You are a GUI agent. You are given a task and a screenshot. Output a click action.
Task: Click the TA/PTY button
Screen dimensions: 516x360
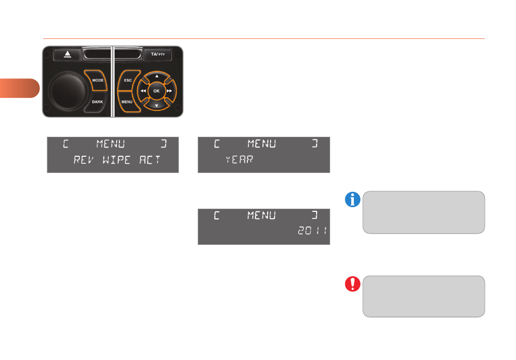tap(158, 54)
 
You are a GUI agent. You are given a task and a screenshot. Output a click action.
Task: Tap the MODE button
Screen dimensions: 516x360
tap(97, 80)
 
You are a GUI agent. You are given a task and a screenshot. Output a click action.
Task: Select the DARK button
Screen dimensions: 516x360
tap(97, 102)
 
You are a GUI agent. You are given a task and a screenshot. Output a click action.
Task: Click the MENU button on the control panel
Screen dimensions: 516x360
tap(127, 102)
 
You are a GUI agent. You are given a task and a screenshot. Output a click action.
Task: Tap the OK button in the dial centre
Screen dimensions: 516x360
tap(157, 91)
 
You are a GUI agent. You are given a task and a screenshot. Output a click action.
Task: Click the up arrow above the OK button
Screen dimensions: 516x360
tap(157, 76)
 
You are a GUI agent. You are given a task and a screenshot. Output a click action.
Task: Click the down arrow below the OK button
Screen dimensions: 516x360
tap(157, 106)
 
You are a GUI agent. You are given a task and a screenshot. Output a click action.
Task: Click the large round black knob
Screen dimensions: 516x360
tap(68, 91)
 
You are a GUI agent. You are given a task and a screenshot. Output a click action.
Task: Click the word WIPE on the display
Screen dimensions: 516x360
tap(116, 160)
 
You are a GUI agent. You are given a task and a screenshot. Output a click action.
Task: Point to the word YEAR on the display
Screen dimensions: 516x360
tap(239, 159)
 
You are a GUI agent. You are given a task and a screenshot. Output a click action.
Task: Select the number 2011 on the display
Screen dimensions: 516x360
tap(312, 231)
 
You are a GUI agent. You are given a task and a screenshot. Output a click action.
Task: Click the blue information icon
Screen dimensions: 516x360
tap(352, 199)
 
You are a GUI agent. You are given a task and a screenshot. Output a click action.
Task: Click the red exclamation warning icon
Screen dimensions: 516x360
tap(352, 284)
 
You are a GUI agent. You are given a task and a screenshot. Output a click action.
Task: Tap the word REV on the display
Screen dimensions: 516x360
tap(84, 160)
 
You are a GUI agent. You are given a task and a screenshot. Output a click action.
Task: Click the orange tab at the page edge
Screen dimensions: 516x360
tap(19, 88)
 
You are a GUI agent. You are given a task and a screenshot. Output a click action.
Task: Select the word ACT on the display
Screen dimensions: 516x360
tap(150, 160)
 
